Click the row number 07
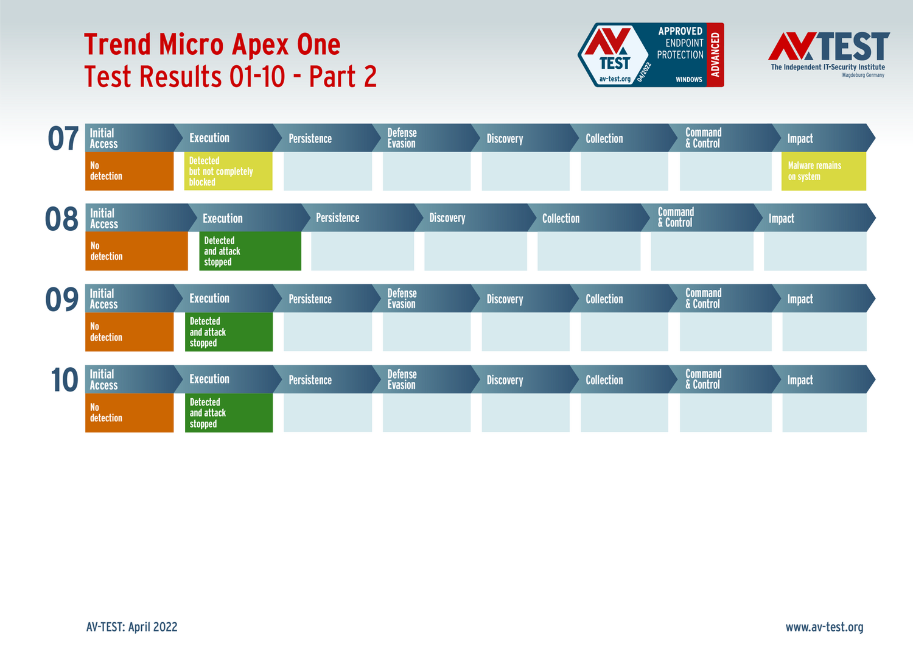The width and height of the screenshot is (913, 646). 63,138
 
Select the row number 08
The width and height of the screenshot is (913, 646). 61,219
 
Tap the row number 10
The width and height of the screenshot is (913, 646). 65,380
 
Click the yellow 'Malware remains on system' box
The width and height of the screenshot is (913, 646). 824,171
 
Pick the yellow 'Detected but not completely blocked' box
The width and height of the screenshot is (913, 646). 228,171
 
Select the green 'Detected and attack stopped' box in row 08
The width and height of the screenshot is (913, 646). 250,251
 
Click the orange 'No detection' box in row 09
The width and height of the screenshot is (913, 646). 129,332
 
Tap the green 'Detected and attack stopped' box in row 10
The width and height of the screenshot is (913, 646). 229,413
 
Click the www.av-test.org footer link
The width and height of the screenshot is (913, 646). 825,627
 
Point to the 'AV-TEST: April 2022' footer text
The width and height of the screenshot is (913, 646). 131,627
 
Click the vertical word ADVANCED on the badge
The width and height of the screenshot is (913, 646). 715,55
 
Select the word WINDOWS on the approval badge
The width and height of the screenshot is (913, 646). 689,80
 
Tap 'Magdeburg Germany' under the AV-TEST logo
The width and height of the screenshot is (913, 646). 863,75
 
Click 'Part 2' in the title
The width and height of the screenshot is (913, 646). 343,76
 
